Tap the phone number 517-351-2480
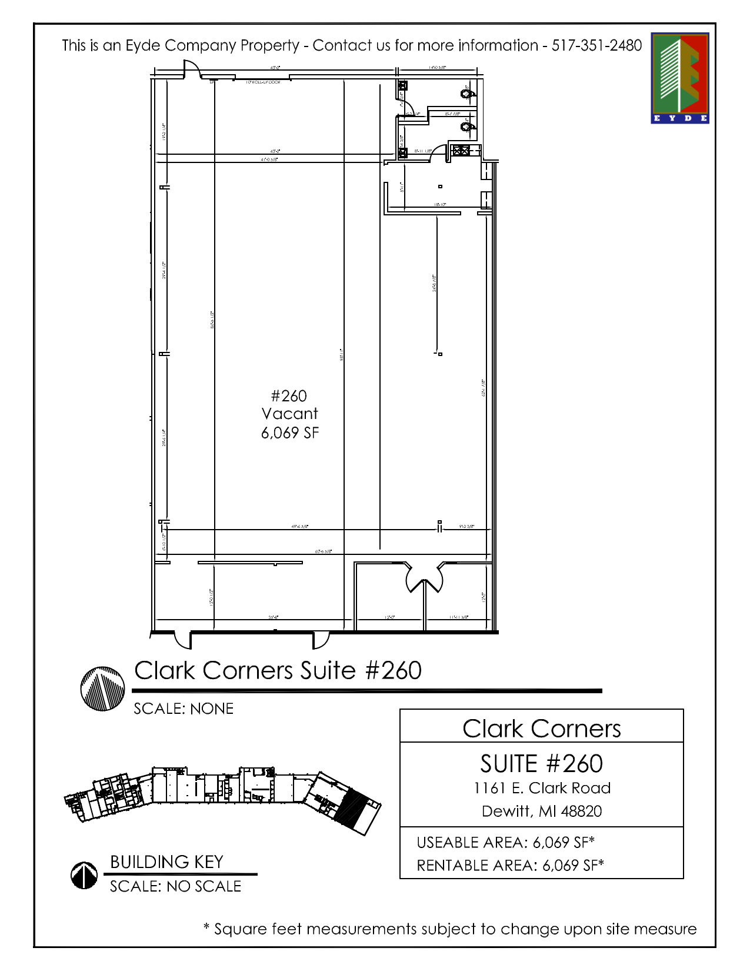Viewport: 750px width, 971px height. (x=596, y=45)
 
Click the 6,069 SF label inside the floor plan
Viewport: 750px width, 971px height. (x=290, y=433)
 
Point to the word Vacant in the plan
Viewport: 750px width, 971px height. (x=290, y=414)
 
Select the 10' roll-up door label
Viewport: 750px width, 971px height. (x=263, y=82)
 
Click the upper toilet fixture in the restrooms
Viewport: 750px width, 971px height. (x=466, y=93)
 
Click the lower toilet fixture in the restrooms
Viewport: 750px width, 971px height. (x=466, y=126)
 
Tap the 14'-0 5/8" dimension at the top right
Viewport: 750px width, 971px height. (x=437, y=68)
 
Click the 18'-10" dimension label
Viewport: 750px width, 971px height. (x=440, y=205)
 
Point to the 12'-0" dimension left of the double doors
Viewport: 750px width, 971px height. (x=389, y=617)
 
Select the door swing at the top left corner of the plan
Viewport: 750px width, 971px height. (x=192, y=69)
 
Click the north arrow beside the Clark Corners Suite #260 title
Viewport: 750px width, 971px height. (x=102, y=689)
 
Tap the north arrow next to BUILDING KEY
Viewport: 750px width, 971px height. (x=84, y=875)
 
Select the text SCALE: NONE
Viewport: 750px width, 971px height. (x=184, y=709)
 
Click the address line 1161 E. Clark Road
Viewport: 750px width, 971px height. (x=542, y=788)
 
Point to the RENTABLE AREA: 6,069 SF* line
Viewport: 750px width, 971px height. (x=510, y=865)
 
